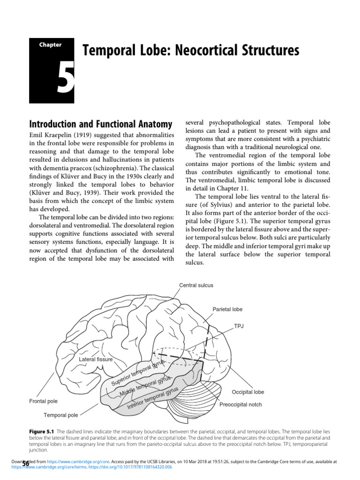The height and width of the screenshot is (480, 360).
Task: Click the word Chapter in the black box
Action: [50, 45]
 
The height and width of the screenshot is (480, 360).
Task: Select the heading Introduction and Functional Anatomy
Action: [100, 125]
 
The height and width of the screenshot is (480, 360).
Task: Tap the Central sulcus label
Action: [196, 285]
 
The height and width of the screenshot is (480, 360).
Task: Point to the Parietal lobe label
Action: [227, 309]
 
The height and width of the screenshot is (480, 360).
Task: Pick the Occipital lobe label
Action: [248, 392]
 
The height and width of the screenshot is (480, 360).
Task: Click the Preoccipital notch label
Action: [241, 404]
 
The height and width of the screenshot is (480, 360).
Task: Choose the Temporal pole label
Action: [61, 415]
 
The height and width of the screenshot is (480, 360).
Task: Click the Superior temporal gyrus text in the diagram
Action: [138, 373]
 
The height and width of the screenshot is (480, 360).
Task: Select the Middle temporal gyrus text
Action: [145, 386]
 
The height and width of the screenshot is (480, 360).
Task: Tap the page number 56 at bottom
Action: [25, 464]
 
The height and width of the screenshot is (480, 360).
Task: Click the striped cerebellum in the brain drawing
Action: [191, 398]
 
